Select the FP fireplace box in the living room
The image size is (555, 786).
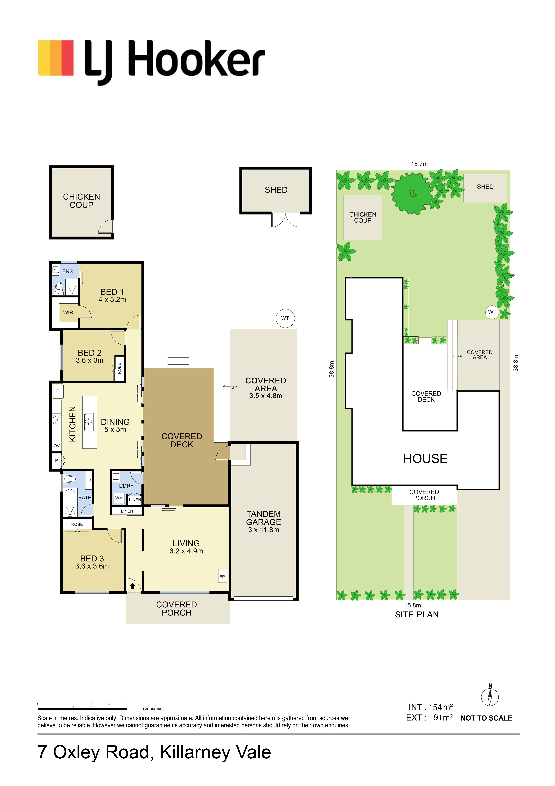(x=222, y=576)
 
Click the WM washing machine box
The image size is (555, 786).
(x=119, y=498)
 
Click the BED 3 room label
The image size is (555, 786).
(x=92, y=558)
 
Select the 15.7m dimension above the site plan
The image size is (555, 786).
(x=419, y=164)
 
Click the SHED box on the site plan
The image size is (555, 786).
(x=485, y=188)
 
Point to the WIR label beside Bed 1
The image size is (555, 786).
(x=68, y=313)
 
